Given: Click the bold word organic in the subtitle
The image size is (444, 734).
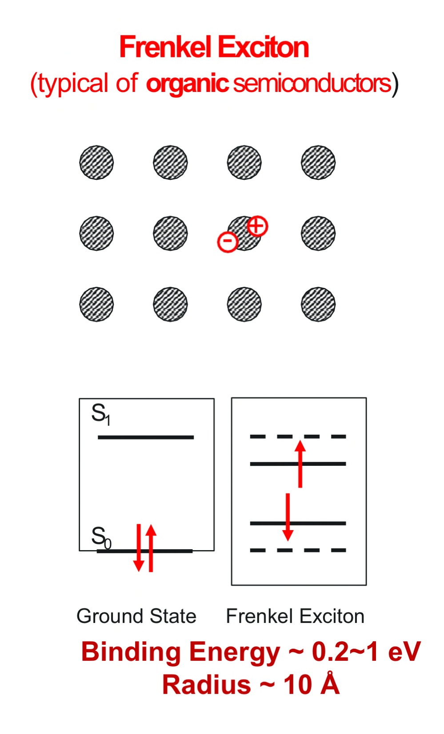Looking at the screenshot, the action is point(187,83).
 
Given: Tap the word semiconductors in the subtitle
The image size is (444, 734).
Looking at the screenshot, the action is point(312,83).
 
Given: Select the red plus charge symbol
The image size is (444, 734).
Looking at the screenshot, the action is point(257,226).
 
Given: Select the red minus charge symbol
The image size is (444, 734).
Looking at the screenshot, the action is point(228,242).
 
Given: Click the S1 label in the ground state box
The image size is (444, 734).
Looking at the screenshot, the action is point(100,414).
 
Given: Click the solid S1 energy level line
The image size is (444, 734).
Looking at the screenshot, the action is point(146,437).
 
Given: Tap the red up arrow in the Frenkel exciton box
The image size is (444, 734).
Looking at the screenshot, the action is point(300,464).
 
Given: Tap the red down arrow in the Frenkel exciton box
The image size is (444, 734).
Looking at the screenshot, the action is point(288,517).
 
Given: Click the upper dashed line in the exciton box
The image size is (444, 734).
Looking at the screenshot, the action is point(298,436).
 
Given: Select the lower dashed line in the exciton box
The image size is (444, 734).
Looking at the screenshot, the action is point(298,550).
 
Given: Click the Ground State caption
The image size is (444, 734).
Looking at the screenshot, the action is point(136,616).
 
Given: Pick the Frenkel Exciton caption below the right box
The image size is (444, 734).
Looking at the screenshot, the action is point(295,616).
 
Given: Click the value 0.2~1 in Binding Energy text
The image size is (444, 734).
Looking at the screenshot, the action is point(345,652).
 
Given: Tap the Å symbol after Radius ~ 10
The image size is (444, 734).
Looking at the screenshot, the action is point(330,684).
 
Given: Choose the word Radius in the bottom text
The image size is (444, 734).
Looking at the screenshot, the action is point(206,685).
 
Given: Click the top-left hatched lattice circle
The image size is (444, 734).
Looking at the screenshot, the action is point(96,163).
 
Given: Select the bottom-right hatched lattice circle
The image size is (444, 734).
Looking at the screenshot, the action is point(318,304).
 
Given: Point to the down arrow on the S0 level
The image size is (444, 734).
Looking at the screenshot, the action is point(139,548).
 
